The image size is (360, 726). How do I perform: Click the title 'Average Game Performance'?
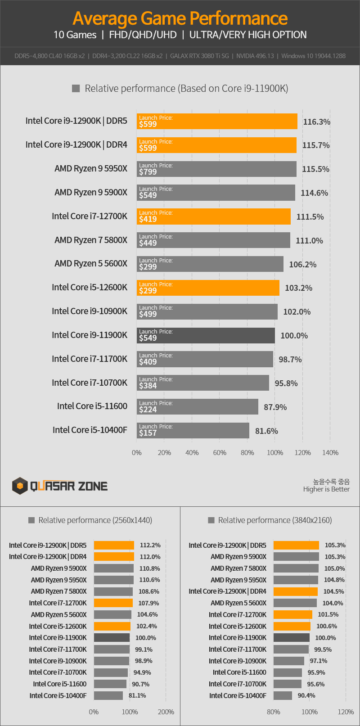click(180, 18)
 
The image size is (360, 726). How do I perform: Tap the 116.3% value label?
click(316, 122)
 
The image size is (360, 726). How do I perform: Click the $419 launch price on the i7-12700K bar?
click(148, 219)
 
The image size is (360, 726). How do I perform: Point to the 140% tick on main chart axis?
click(330, 452)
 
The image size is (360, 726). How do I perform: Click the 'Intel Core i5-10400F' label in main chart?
click(90, 430)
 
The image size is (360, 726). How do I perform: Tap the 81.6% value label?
click(266, 431)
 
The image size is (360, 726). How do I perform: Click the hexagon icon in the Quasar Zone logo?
click(20, 486)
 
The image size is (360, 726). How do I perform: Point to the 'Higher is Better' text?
click(326, 489)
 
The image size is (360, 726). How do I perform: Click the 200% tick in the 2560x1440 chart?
click(166, 712)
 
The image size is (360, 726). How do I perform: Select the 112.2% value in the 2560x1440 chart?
click(150, 545)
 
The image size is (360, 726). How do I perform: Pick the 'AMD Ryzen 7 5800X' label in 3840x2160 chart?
click(238, 568)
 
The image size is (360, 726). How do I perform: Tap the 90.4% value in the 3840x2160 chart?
click(306, 695)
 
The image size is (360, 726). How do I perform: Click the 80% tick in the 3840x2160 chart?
click(274, 712)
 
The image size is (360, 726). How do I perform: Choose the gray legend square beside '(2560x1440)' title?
click(31, 520)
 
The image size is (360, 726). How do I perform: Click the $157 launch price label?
click(148, 433)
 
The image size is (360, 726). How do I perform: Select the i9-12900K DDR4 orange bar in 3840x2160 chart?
click(295, 591)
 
